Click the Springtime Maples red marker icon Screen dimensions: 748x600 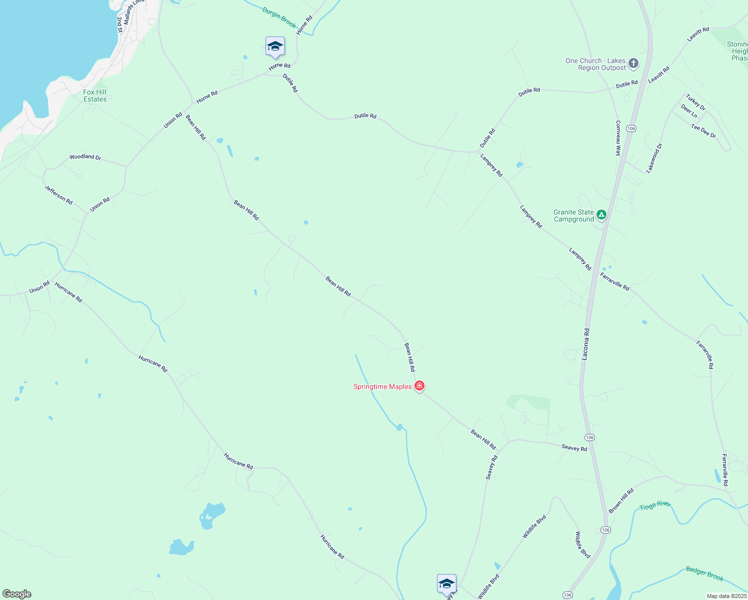click(x=419, y=386)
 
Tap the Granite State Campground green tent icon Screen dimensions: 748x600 click(x=601, y=215)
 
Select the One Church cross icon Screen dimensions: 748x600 click(x=633, y=63)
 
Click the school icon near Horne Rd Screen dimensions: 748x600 click(x=275, y=47)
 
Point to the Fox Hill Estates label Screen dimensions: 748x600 click(x=95, y=95)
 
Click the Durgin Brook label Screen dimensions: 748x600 click(x=279, y=18)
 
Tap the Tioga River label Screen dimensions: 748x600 click(x=654, y=505)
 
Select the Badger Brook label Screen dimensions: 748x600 click(x=704, y=573)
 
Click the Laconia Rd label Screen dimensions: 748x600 click(x=585, y=344)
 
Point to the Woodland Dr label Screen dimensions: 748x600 click(x=85, y=157)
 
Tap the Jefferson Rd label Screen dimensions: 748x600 click(x=58, y=195)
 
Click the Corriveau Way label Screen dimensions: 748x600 click(x=618, y=138)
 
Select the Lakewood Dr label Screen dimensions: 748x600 click(x=654, y=158)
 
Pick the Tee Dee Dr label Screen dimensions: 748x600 click(x=703, y=131)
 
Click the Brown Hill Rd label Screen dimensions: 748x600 click(x=621, y=500)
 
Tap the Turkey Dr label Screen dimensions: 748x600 click(x=695, y=102)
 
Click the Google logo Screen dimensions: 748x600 click(x=17, y=594)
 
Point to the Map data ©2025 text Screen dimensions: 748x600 click(x=726, y=596)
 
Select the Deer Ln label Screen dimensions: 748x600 click(x=689, y=111)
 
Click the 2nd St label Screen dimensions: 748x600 click(x=119, y=24)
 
